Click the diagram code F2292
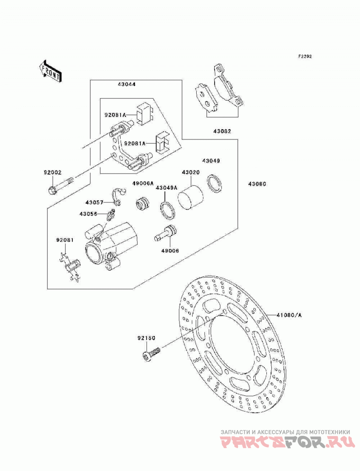tap(305, 57)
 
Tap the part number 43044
tap(126, 85)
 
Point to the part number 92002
tap(52, 172)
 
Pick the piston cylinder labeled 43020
tap(190, 197)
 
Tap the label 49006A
tap(144, 183)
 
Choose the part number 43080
tap(257, 184)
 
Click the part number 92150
tap(146, 338)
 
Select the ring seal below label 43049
tap(215, 184)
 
